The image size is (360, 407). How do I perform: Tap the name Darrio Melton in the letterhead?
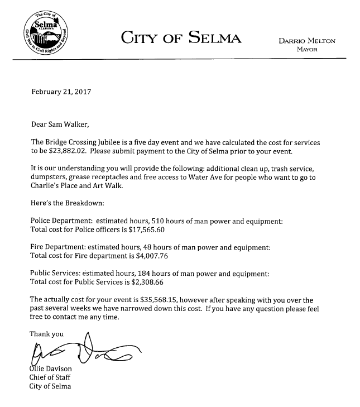pos(306,41)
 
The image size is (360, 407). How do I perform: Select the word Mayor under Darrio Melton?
pos(307,49)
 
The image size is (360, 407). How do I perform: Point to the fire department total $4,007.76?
pos(150,256)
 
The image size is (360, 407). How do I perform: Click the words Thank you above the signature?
pos(46,334)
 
